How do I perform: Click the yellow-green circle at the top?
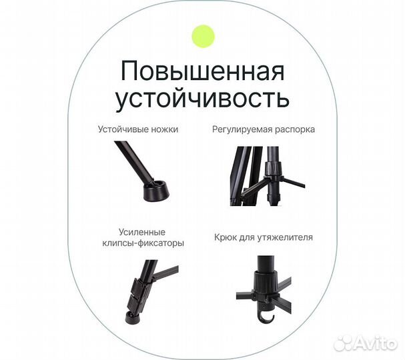[x=203, y=35]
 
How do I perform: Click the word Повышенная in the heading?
[x=203, y=71]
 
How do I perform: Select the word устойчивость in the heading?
[x=203, y=99]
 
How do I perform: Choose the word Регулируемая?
[x=243, y=129]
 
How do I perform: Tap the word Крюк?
[x=226, y=237]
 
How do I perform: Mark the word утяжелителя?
[x=286, y=237]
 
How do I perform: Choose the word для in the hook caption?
[x=248, y=237]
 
